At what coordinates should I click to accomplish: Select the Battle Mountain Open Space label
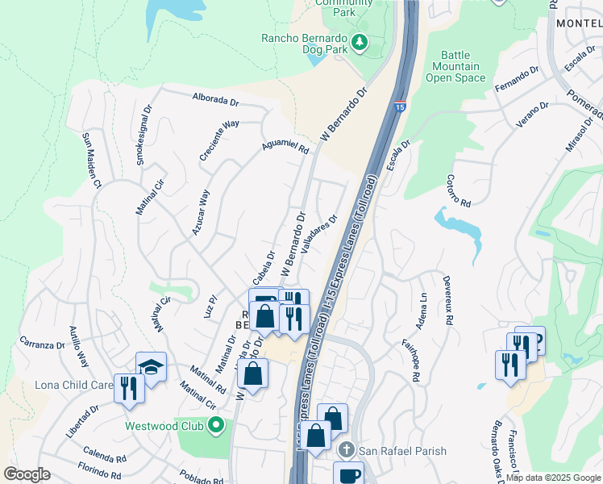point(455,67)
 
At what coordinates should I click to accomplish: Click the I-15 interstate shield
point(401,106)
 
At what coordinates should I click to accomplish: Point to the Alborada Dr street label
point(215,101)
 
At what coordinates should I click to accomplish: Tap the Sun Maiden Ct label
point(90,161)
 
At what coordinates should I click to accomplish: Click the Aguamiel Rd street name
point(285,146)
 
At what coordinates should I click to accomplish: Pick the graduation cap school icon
point(151,367)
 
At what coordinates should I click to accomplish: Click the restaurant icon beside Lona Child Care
point(129,388)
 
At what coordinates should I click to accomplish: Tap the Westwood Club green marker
point(215,425)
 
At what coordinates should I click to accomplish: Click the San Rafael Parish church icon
point(346,450)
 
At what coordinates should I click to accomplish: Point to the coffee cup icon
point(348,474)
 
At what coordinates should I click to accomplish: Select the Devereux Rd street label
point(447,297)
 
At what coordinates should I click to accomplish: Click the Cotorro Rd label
point(458,191)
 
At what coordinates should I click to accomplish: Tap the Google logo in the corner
point(27,474)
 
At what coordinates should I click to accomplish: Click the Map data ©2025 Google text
point(553,478)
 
